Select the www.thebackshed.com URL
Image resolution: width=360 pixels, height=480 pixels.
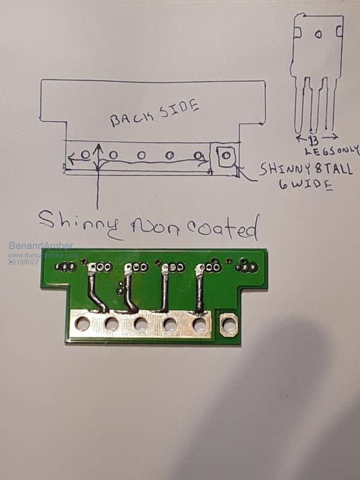click(x=43, y=255)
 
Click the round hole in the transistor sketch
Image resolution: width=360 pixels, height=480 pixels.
click(x=318, y=35)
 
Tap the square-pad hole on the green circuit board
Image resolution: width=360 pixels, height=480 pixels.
click(x=228, y=324)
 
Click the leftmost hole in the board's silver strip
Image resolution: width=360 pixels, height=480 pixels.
click(x=82, y=324)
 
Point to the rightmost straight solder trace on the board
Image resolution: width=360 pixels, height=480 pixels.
click(x=200, y=289)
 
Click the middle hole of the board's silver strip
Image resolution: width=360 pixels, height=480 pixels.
click(x=141, y=324)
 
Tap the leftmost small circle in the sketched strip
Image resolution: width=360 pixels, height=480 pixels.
click(x=85, y=154)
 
